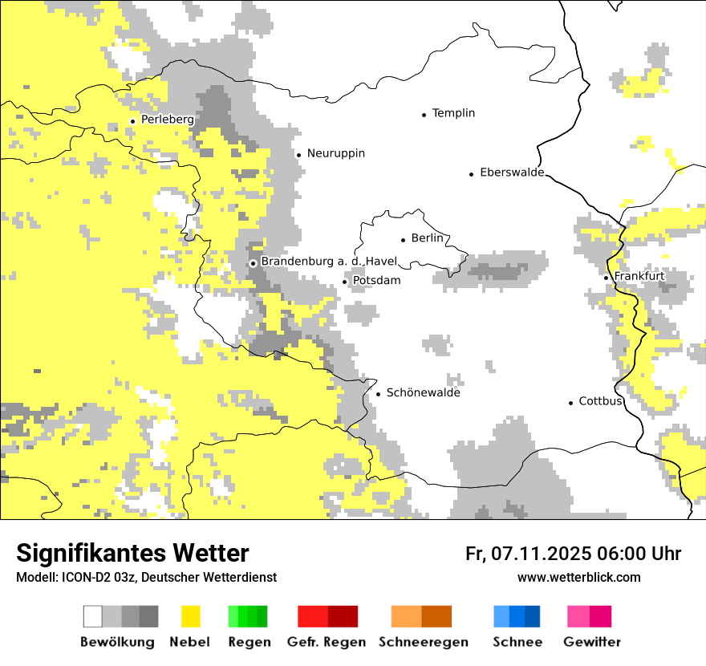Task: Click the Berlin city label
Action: point(427,238)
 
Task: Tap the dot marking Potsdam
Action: point(345,282)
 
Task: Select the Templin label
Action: point(453,113)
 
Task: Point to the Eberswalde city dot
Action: point(472,174)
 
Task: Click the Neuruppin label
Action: point(335,153)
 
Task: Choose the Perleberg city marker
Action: point(132,121)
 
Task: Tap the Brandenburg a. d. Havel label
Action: point(329,262)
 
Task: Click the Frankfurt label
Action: point(639,276)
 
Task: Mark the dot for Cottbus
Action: point(571,403)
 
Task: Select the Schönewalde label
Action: point(423,393)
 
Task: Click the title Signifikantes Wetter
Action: point(132,553)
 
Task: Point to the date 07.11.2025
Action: point(541,554)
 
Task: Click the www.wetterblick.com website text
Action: point(578,577)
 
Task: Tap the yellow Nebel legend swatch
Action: point(190,616)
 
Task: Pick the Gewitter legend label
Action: point(591,642)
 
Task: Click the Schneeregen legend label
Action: point(423,642)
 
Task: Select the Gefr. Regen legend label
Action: point(326,642)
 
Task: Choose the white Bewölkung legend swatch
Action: point(93,616)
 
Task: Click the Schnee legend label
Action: point(517,642)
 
